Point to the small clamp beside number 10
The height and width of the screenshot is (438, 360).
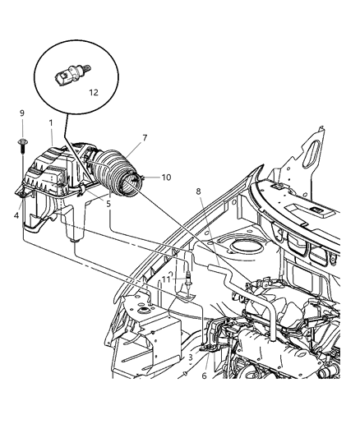[x=144, y=178]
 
